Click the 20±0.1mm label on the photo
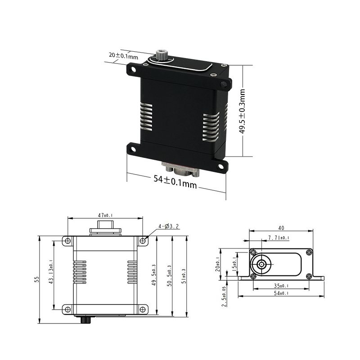pyautogui.click(x=123, y=55)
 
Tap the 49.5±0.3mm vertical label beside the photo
pyautogui.click(x=242, y=111)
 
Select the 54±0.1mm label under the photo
pyautogui.click(x=175, y=182)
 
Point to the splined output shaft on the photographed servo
pyautogui.click(x=161, y=54)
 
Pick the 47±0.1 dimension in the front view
pyautogui.click(x=105, y=216)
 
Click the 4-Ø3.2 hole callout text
pyautogui.click(x=168, y=226)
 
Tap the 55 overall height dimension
pyautogui.click(x=37, y=279)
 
